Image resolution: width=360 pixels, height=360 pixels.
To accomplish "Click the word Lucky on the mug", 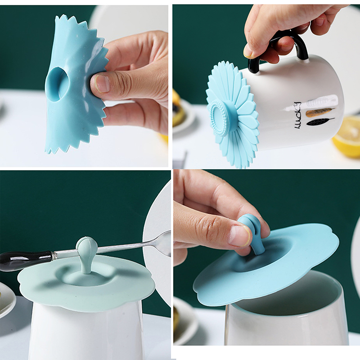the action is pyautogui.click(x=297, y=115).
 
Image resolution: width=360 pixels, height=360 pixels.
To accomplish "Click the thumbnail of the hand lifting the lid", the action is pyautogui.click(x=239, y=236).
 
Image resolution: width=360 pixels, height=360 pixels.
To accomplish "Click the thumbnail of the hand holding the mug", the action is pyautogui.click(x=249, y=53).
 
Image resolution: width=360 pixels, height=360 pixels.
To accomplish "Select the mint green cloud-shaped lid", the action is pyautogui.click(x=85, y=282).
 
